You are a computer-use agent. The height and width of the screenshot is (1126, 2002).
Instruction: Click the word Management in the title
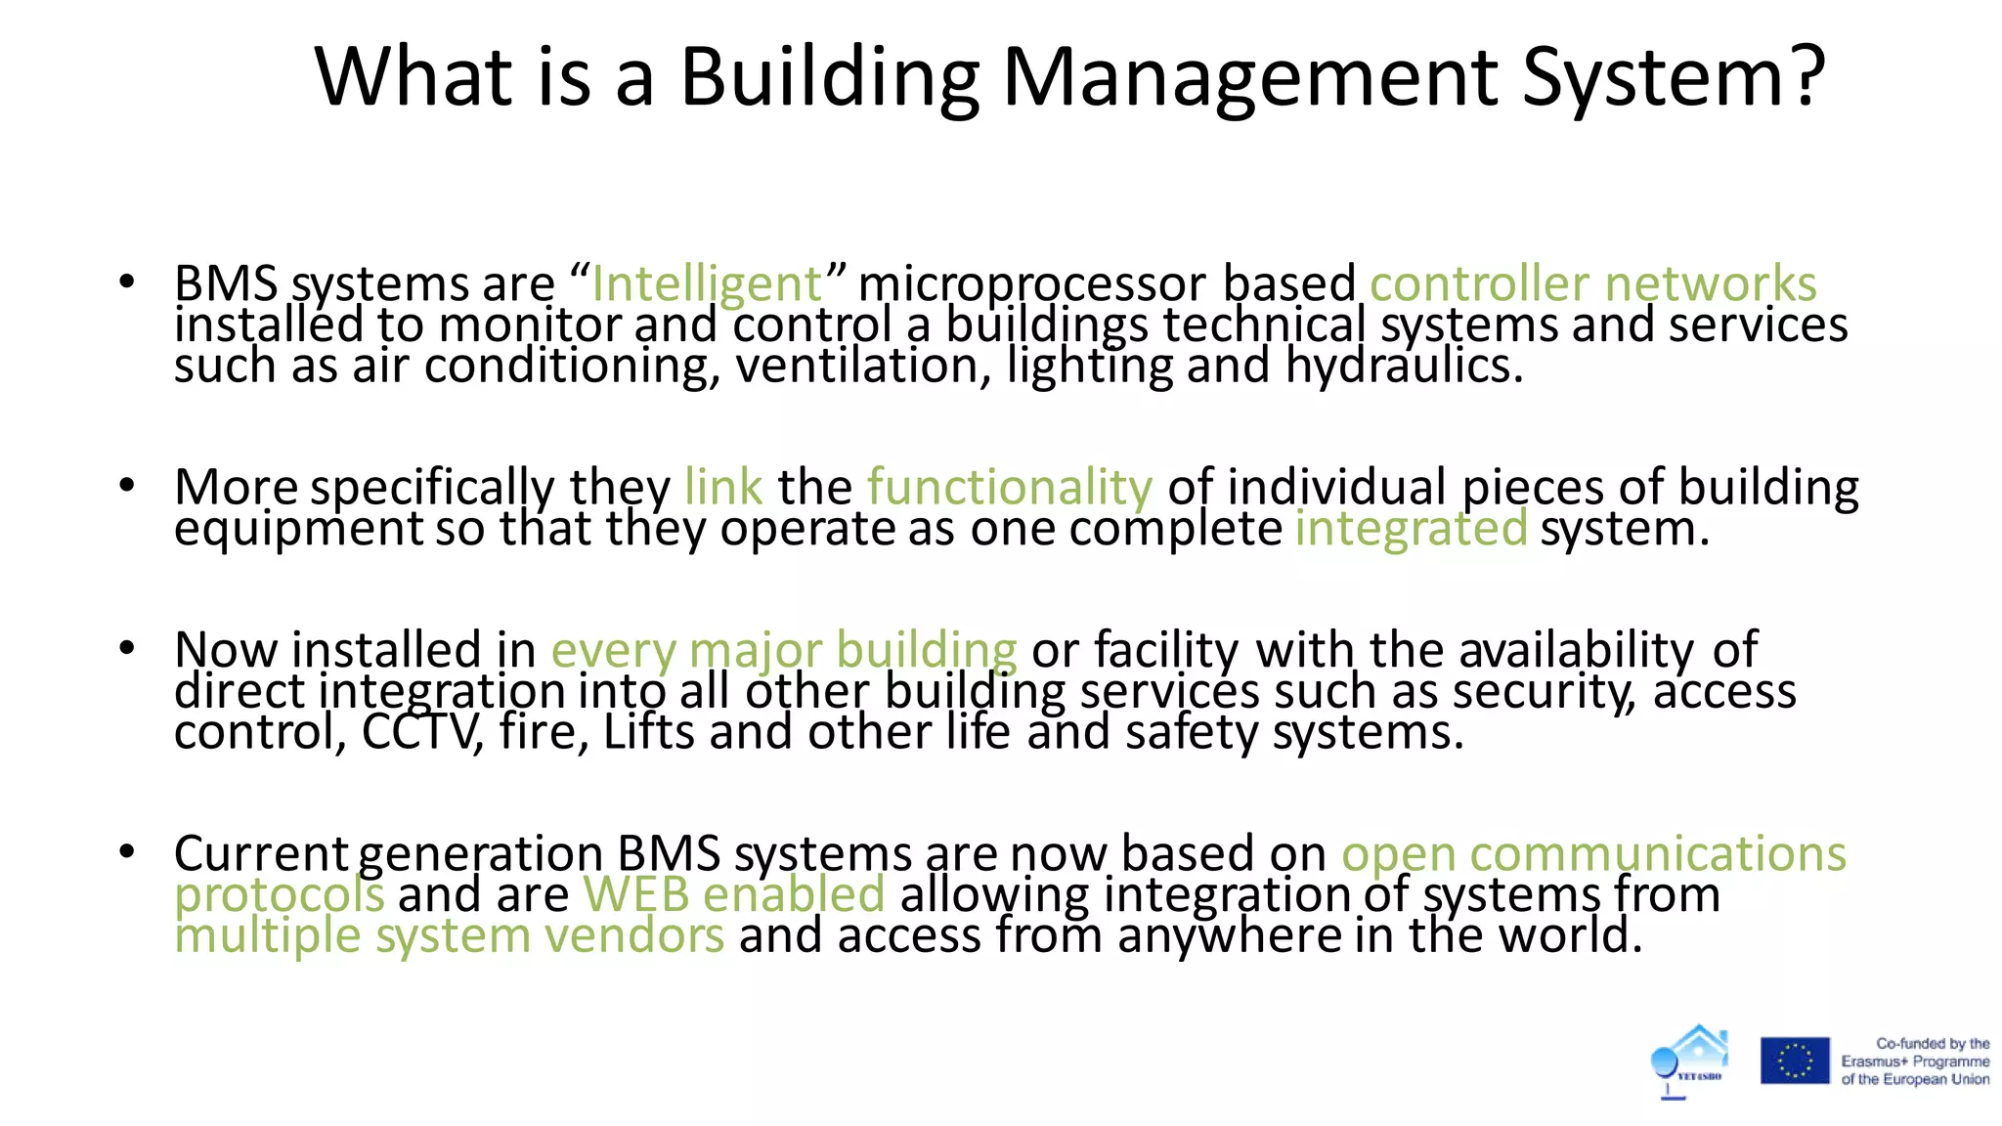(x=1250, y=78)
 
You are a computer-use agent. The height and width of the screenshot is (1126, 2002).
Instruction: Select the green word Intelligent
(x=707, y=284)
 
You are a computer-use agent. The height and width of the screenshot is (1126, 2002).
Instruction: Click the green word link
(x=723, y=487)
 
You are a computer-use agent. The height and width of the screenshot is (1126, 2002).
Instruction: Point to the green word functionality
(x=1010, y=487)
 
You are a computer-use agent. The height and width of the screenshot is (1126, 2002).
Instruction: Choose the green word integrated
(x=1411, y=529)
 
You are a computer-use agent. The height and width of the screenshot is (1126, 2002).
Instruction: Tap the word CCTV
(x=421, y=732)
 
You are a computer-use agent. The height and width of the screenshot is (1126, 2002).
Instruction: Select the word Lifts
(x=649, y=732)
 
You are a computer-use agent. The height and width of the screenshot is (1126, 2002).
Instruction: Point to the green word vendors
(x=634, y=935)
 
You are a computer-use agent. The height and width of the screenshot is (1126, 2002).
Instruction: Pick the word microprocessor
(x=1032, y=284)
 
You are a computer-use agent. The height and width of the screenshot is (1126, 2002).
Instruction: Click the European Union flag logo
(x=1795, y=1061)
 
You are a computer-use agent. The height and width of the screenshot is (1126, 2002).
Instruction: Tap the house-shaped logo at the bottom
(x=1691, y=1061)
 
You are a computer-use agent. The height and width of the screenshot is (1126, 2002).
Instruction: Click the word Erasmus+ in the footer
(x=1872, y=1061)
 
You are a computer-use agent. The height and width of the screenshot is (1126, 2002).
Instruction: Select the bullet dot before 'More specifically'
(x=126, y=485)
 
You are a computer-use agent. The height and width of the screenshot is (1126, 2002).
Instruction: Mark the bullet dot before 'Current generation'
(x=126, y=851)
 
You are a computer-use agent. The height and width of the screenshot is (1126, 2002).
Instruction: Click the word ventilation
(x=857, y=367)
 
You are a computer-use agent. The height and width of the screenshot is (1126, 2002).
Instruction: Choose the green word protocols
(x=280, y=894)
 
